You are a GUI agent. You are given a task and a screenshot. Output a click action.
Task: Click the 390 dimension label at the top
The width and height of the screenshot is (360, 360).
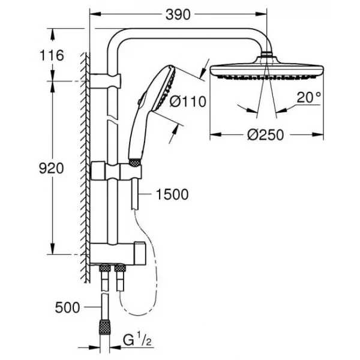point(178,14)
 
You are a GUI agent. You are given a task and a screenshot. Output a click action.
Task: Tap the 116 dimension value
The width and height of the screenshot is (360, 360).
point(52,56)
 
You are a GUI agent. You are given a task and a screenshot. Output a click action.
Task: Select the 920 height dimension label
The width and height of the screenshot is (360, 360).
point(51,168)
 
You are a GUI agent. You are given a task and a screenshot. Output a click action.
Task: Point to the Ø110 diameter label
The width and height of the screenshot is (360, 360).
point(188,101)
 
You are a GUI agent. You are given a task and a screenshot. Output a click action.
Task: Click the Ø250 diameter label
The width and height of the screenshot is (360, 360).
point(265,135)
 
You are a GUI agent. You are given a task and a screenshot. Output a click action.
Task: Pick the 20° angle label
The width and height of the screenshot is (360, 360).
point(308,97)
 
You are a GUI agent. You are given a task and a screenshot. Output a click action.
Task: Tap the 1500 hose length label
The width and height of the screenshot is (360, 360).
point(172,194)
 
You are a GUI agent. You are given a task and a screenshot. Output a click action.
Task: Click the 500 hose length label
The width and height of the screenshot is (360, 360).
point(67,307)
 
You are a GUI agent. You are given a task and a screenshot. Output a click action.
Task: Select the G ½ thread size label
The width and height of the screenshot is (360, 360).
point(137,340)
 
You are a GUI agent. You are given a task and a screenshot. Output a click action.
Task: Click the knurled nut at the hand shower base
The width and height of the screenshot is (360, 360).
point(135,162)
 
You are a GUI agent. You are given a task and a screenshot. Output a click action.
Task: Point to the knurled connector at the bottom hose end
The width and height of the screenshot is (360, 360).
point(104,327)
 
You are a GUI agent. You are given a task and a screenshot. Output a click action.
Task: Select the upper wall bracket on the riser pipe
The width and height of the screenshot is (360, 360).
point(105,81)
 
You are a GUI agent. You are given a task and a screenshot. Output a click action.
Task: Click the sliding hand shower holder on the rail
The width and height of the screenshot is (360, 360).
point(116,171)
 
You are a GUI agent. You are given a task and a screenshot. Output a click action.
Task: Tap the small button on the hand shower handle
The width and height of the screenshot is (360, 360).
point(140,101)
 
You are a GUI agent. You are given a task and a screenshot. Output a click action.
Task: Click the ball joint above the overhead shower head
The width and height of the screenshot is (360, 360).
point(266,55)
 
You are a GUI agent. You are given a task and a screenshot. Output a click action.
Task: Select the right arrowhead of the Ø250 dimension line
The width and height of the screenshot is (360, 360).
point(318,134)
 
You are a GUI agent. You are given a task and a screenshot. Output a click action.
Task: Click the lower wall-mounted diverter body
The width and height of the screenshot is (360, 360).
point(118,253)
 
